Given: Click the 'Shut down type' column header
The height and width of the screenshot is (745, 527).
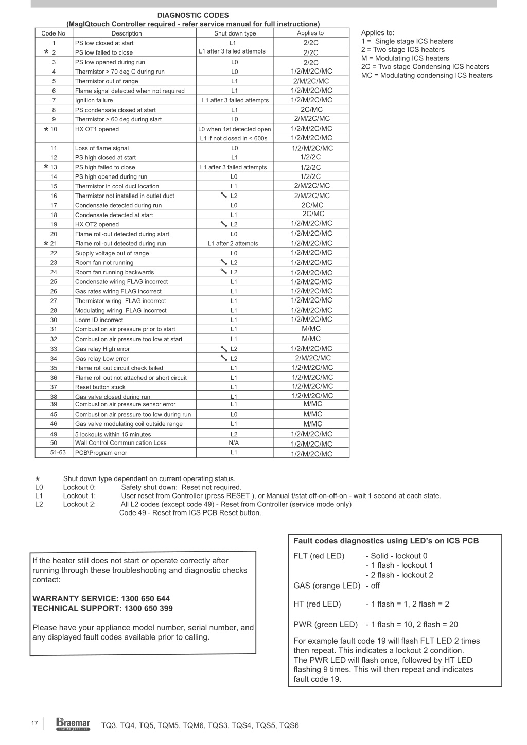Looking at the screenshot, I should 235,33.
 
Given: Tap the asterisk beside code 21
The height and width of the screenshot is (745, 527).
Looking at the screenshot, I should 46,243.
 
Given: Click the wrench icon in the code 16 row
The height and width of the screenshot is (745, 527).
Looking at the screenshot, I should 223,196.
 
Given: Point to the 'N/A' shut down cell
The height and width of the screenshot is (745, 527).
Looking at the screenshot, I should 234,442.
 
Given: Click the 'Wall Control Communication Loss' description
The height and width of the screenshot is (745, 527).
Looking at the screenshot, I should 120,442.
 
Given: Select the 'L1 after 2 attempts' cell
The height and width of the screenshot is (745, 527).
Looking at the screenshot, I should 233,243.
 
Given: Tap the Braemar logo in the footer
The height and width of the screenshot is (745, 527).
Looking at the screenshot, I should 73,724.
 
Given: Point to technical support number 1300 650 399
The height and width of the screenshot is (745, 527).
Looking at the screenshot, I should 148,608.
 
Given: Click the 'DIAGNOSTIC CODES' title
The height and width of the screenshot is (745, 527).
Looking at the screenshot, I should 193,15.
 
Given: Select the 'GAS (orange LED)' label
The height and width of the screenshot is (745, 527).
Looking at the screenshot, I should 327,586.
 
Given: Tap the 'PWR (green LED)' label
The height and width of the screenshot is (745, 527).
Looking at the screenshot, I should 325,624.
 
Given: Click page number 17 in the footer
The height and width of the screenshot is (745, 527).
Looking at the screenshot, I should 34,723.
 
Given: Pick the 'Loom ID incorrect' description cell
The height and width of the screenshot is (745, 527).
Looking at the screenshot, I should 99,320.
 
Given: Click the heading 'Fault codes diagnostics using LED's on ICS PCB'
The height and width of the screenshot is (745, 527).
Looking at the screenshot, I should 386,541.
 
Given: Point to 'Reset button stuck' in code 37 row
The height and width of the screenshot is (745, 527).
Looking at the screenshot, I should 100,387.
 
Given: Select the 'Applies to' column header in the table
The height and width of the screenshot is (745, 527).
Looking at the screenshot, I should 310,33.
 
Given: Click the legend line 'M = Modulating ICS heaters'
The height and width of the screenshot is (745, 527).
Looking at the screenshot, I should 405,58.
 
